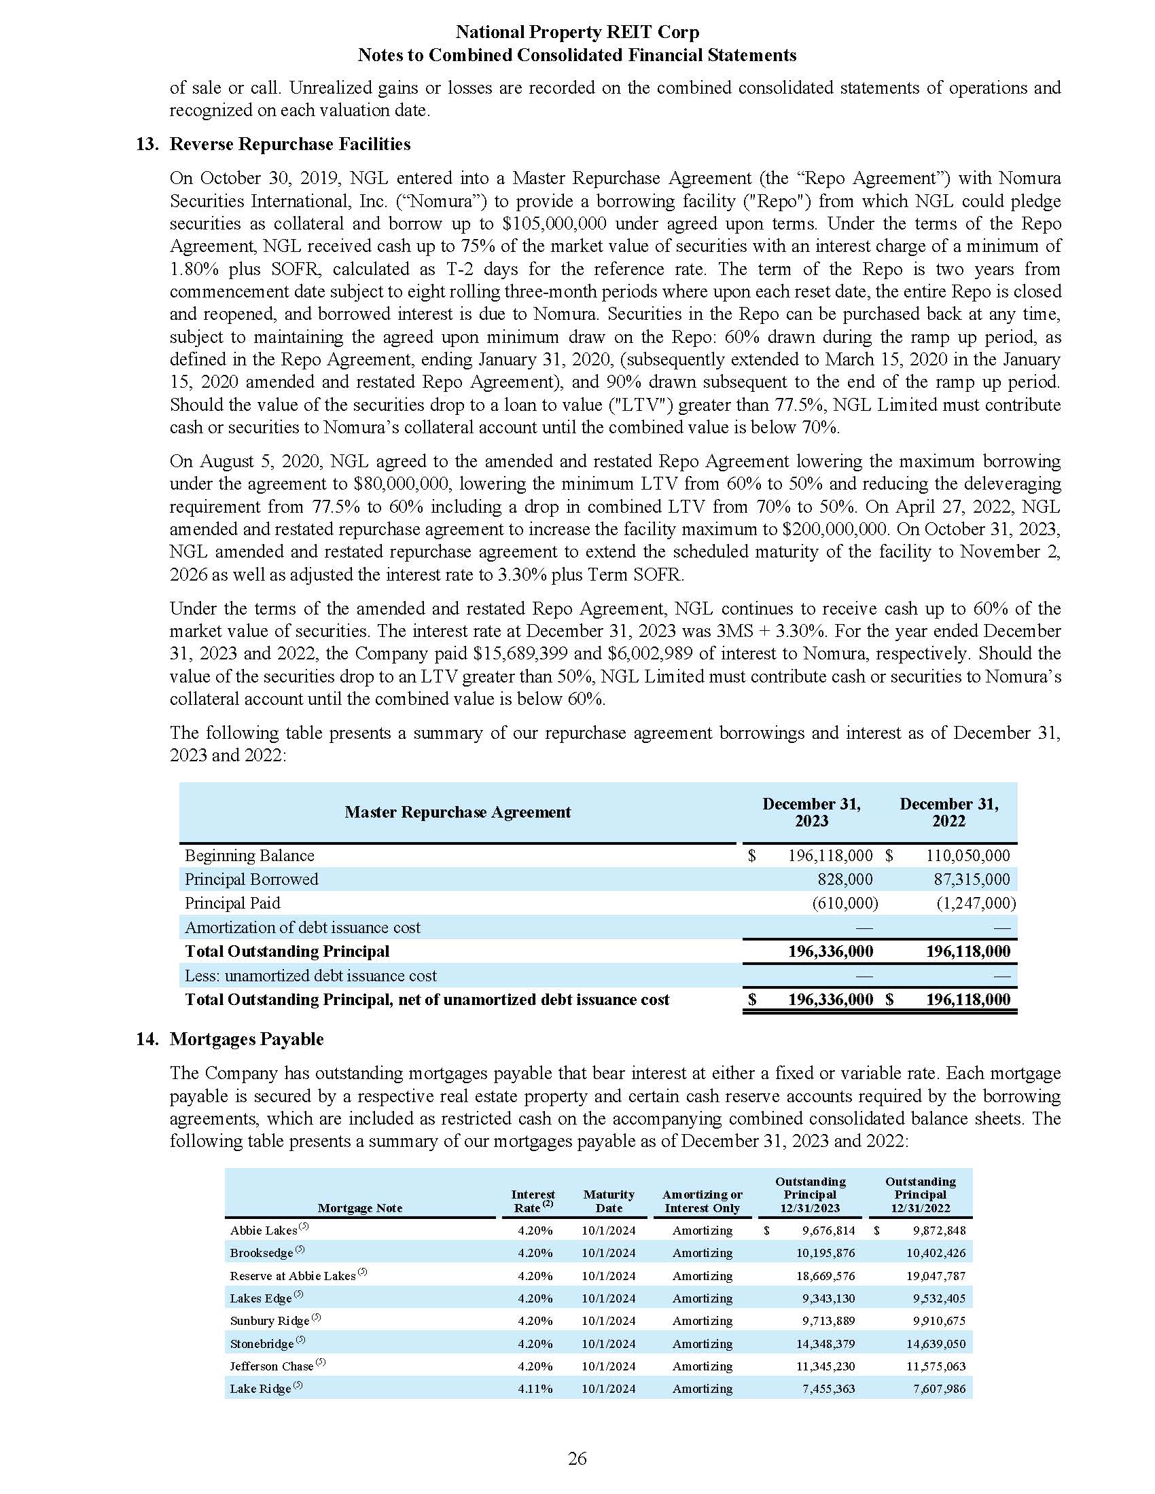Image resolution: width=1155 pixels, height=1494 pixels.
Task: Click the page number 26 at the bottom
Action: [577, 1459]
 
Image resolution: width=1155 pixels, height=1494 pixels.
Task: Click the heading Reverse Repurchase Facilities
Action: [289, 145]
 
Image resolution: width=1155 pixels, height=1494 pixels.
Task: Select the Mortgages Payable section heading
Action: [247, 1039]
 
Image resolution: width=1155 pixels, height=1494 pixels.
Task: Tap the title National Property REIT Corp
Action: [577, 32]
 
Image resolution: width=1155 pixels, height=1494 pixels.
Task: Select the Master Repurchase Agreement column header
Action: [457, 812]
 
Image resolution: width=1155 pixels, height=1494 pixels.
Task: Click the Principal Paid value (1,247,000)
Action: [976, 903]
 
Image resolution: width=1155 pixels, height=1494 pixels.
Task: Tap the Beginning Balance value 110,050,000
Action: [967, 856]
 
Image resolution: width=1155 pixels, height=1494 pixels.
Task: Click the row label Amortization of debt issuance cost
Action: [302, 928]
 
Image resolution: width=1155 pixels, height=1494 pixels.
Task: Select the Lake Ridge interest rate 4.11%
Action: [535, 1389]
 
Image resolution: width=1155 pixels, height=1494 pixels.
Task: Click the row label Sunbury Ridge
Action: [270, 1321]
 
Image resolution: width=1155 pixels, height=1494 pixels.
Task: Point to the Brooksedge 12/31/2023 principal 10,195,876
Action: [825, 1253]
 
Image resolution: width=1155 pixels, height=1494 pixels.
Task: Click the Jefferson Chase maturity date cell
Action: [608, 1366]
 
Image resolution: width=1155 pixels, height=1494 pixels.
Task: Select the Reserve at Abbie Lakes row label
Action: [292, 1276]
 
